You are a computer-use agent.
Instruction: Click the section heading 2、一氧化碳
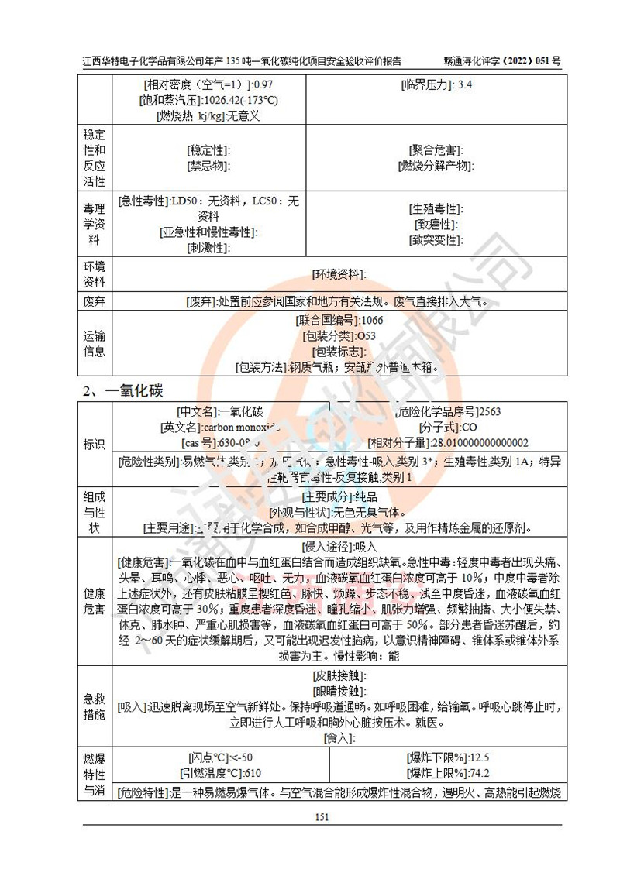(x=123, y=390)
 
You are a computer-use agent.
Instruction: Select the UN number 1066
(x=370, y=320)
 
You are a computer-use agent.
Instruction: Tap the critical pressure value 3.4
(x=465, y=84)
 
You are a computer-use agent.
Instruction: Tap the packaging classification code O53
(x=365, y=335)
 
